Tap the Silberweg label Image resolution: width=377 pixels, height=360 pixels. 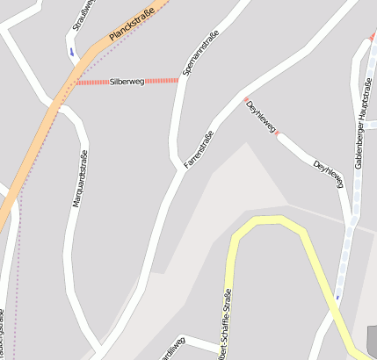click(127, 81)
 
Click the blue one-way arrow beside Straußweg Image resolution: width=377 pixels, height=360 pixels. click(72, 51)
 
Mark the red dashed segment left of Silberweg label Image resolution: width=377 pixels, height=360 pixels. click(91, 82)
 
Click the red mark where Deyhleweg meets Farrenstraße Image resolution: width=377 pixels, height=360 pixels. click(246, 98)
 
